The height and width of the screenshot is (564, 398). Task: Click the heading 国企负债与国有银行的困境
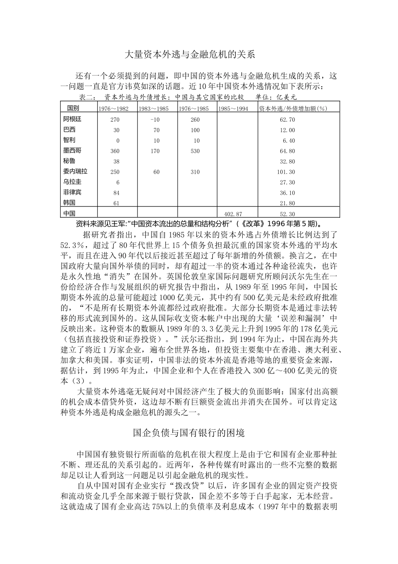pos(189,433)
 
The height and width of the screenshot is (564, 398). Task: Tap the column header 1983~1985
pos(154,109)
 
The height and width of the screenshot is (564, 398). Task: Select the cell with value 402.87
pos(233,214)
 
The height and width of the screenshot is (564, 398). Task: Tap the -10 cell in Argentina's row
pos(155,120)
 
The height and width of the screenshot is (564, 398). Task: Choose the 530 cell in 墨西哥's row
pos(195,151)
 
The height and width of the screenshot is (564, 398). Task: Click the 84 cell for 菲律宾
pos(116,193)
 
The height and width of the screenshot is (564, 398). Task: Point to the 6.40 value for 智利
pos(289,141)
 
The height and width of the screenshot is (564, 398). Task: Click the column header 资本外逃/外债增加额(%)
pos(292,109)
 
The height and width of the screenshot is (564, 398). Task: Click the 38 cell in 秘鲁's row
pos(116,162)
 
